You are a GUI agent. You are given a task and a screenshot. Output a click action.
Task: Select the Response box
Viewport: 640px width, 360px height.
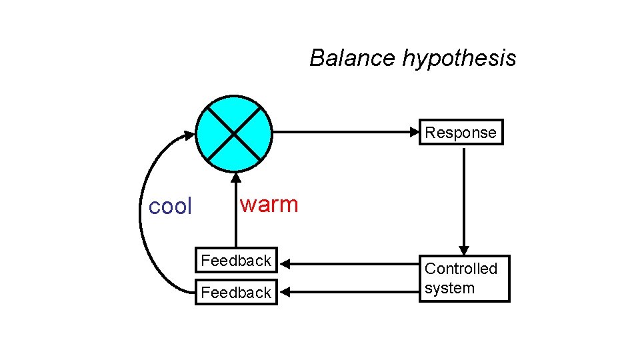click(x=461, y=133)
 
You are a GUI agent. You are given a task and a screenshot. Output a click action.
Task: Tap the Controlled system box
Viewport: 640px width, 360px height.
click(x=463, y=279)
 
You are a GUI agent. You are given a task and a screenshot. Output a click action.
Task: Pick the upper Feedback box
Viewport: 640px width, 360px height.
click(x=236, y=261)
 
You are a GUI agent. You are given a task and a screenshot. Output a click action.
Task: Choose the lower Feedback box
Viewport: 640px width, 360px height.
click(x=236, y=292)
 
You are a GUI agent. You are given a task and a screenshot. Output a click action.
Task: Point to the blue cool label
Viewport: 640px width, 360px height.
click(x=170, y=207)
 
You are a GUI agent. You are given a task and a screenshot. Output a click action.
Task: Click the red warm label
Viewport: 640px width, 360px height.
click(x=269, y=204)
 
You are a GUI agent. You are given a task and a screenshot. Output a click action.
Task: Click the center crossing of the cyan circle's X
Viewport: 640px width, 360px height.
click(x=235, y=132)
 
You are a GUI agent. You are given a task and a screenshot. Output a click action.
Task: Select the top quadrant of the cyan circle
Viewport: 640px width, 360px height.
click(x=235, y=110)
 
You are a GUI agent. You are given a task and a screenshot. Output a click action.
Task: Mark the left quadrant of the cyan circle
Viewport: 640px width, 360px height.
click(x=212, y=132)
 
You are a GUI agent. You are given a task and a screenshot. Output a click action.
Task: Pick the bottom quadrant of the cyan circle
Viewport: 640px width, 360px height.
click(x=235, y=155)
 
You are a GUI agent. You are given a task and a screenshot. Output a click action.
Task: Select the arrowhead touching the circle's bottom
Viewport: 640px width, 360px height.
click(x=235, y=178)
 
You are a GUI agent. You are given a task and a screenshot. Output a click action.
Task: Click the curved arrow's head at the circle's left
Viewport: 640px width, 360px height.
click(x=190, y=135)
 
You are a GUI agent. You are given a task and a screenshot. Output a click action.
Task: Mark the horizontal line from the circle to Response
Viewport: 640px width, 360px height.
click(x=347, y=132)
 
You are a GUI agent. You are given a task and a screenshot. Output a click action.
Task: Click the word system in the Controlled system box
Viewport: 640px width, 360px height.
click(x=449, y=289)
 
